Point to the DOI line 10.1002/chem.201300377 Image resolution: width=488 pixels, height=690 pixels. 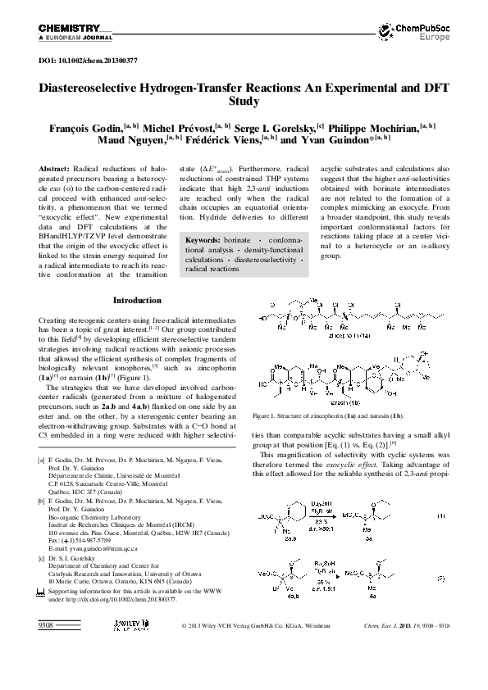point(88,61)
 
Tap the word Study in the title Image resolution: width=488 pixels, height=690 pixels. point(244,102)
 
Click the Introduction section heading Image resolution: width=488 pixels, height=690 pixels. point(137,278)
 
